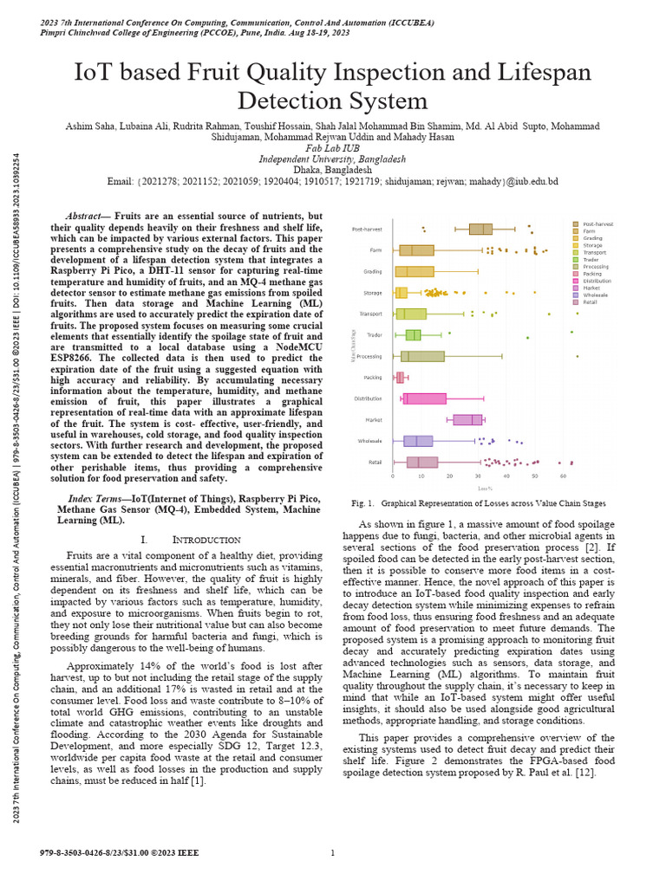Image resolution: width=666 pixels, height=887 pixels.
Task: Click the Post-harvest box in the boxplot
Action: click(x=480, y=229)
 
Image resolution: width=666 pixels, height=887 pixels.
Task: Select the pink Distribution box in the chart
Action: click(x=425, y=398)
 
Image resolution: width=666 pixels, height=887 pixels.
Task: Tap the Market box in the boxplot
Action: click(x=467, y=420)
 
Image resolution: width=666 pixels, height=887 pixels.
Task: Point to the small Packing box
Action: click(x=400, y=378)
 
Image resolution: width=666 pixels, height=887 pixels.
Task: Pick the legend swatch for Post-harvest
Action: click(x=576, y=223)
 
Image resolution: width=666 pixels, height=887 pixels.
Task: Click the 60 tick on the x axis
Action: click(x=563, y=476)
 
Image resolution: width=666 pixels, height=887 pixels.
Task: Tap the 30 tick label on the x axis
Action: click(x=478, y=476)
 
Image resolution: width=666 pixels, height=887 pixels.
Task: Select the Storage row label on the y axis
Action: click(x=373, y=293)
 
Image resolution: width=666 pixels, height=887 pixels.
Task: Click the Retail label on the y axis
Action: click(x=375, y=462)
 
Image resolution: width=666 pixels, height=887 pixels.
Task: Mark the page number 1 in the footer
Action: click(x=333, y=853)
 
